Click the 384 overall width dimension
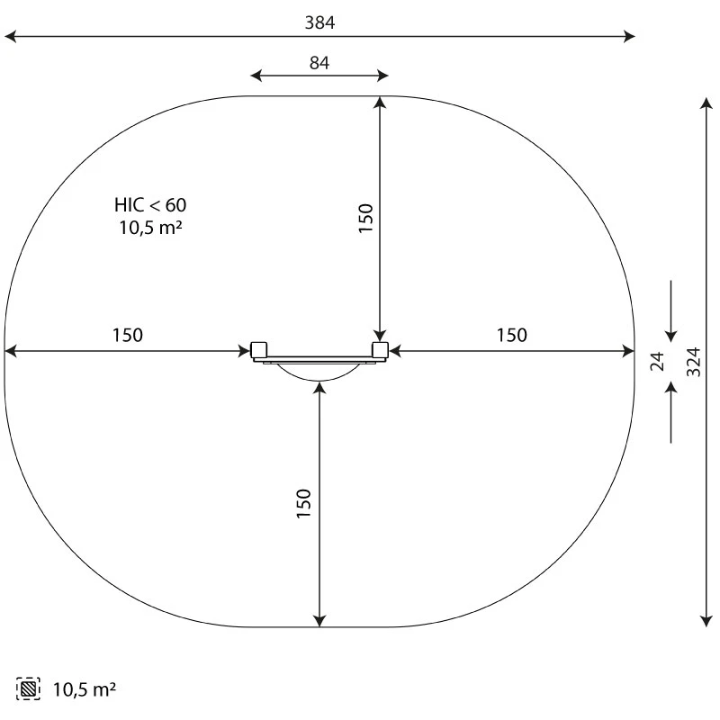click(x=319, y=22)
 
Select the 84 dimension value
click(x=319, y=63)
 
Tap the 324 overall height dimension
click(x=693, y=363)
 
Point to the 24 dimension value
click(x=658, y=362)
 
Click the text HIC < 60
click(x=150, y=205)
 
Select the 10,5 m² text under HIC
click(x=150, y=228)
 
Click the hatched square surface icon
click(x=28, y=688)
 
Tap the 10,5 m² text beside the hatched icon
click(x=85, y=689)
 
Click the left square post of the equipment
click(x=259, y=350)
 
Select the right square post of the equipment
click(x=380, y=350)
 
